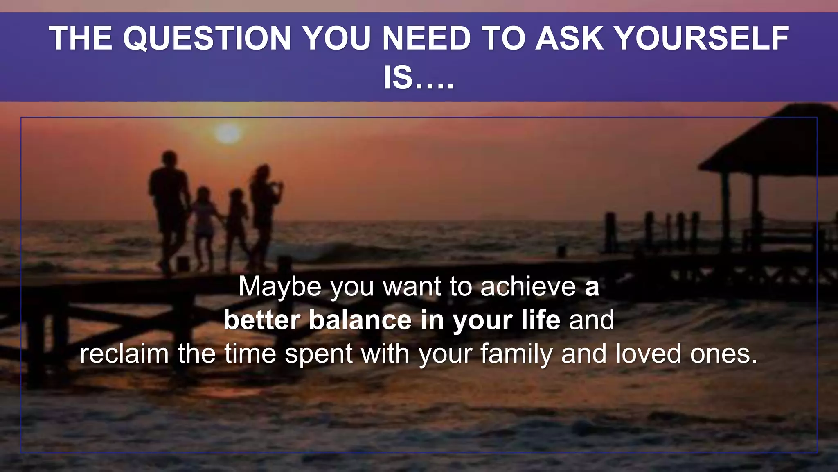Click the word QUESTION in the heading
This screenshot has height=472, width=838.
pyautogui.click(x=207, y=39)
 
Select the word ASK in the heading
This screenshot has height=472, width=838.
pyautogui.click(x=569, y=39)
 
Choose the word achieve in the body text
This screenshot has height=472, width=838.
pyautogui.click(x=528, y=286)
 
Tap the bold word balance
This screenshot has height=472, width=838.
pyautogui.click(x=360, y=320)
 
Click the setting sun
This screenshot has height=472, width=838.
pyautogui.click(x=228, y=133)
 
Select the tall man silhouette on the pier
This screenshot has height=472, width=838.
pyautogui.click(x=169, y=205)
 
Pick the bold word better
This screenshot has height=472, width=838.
pyautogui.click(x=262, y=320)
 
